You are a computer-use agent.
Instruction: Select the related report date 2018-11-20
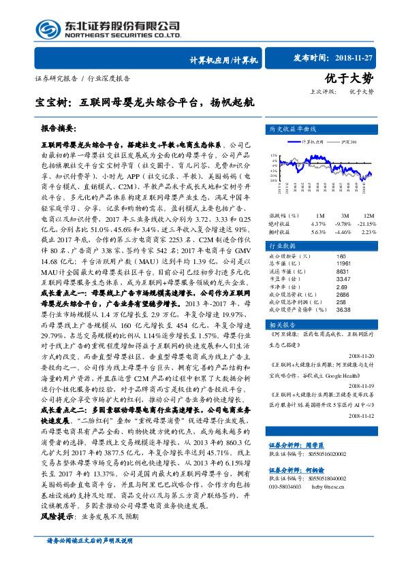pos(371,355)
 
